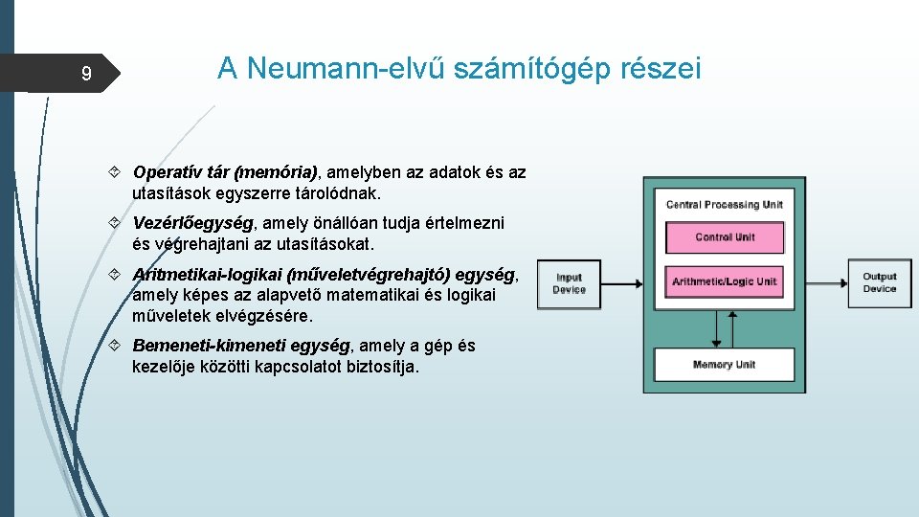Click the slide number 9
86,74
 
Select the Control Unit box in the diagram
725,237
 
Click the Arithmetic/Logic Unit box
725,281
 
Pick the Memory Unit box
725,365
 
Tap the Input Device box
569,284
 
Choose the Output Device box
879,282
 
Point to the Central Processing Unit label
725,204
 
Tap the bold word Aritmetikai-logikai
208,275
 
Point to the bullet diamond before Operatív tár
114,172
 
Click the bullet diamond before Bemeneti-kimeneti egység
114,345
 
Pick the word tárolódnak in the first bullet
339,192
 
